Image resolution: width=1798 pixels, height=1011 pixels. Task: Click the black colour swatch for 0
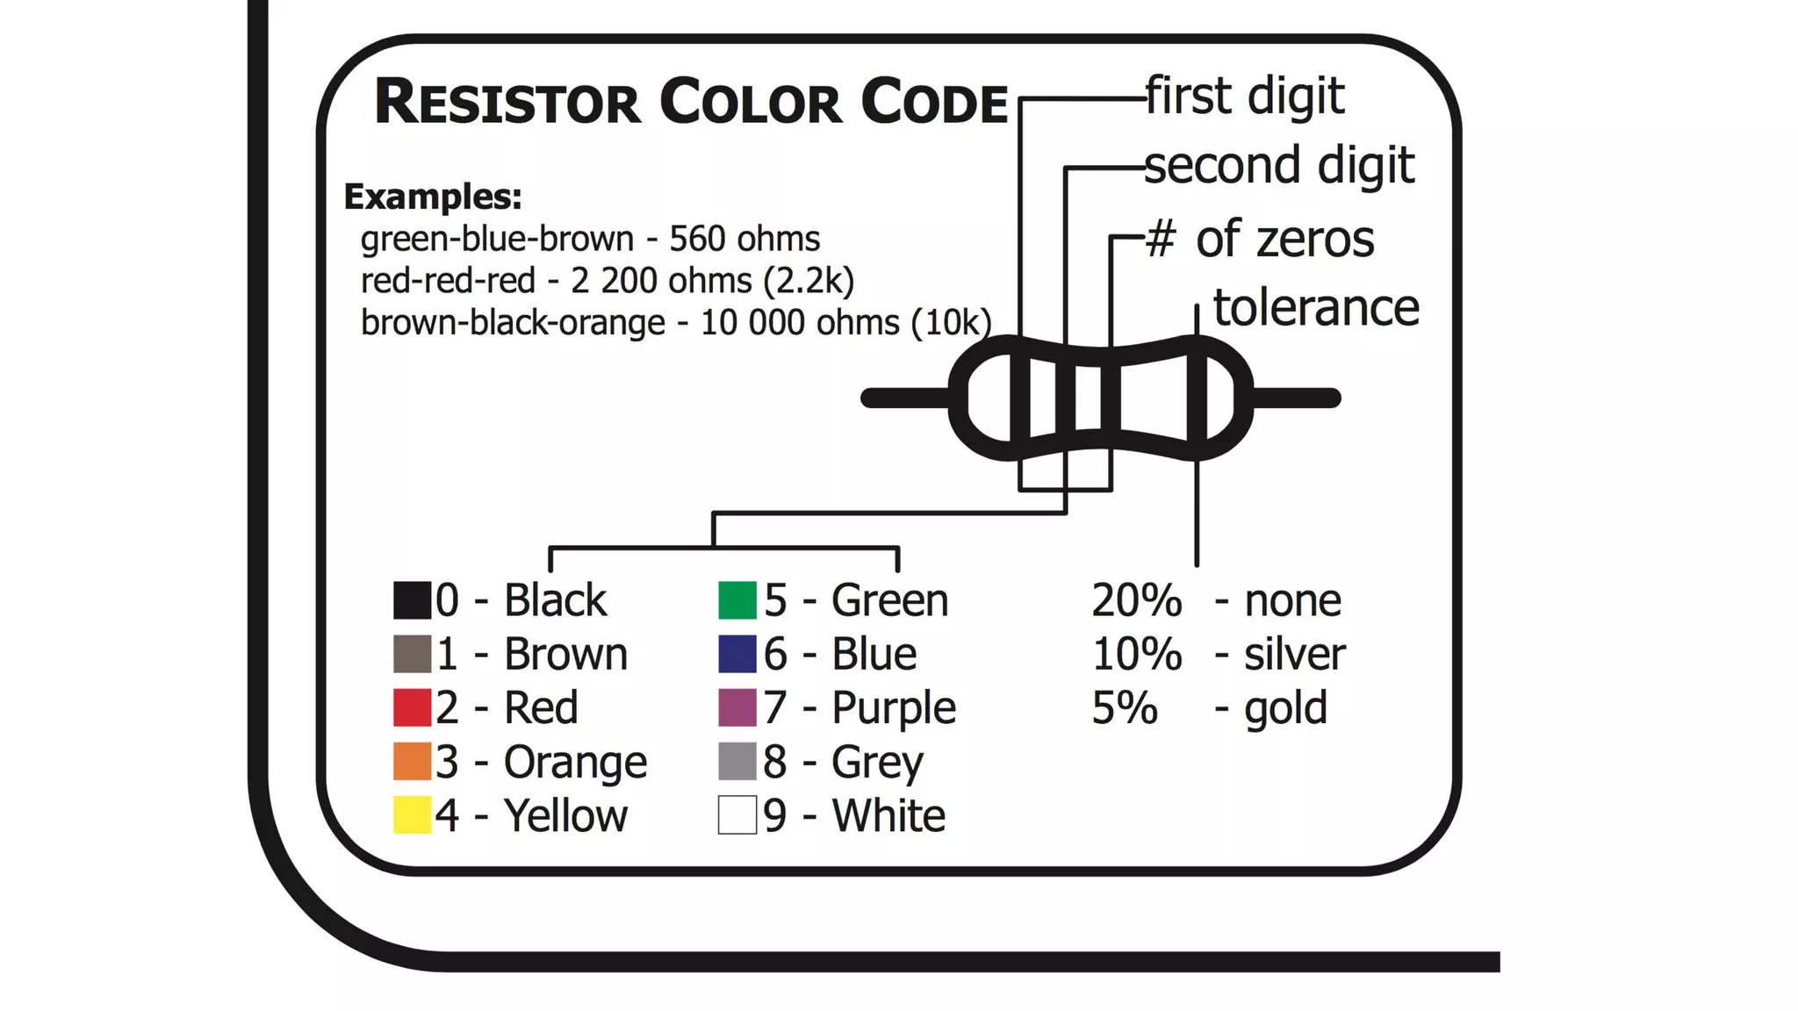coord(412,600)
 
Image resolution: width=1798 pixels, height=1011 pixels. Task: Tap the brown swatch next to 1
coord(412,654)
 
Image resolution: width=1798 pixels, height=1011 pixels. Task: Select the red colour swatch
coord(412,707)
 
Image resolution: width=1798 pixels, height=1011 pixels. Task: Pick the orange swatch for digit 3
coord(412,761)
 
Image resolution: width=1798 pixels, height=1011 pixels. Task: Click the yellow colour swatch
coord(412,814)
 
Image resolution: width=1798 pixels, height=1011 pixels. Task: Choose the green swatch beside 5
coord(737,600)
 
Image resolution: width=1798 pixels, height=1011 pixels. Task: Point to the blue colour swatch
coord(737,654)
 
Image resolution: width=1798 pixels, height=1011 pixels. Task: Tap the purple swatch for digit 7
coord(737,707)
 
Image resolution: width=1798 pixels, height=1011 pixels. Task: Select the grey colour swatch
coord(737,761)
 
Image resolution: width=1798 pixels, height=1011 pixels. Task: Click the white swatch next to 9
coord(737,814)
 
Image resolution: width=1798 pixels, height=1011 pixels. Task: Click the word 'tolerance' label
coord(1315,308)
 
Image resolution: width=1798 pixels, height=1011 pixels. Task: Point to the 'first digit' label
coord(1245,96)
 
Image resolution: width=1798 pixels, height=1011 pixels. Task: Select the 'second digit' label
coord(1279,166)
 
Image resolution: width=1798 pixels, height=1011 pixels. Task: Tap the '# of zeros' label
coord(1260,239)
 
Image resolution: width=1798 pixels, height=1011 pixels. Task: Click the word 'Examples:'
coord(433,197)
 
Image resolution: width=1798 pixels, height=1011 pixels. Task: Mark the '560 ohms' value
coord(744,239)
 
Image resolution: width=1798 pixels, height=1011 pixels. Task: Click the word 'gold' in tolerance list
coord(1285,708)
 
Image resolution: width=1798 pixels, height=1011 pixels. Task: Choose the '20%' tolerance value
coord(1136,601)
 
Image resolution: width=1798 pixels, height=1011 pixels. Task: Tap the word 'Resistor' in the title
coord(507,102)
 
